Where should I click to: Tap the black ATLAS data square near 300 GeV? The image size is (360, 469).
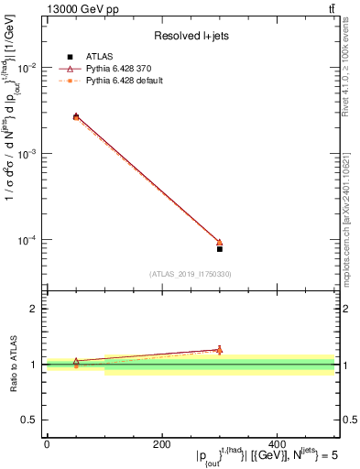tap(220, 249)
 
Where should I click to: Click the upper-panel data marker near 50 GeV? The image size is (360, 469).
tap(76, 117)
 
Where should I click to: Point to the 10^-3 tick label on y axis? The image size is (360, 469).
tap(29, 154)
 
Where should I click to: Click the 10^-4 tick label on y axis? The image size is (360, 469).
tap(29, 240)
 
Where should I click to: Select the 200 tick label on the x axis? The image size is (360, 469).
tap(162, 444)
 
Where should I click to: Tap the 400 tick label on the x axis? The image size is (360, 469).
tap(278, 444)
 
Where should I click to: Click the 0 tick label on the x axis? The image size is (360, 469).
tap(47, 444)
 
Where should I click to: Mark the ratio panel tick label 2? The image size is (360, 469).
tap(35, 310)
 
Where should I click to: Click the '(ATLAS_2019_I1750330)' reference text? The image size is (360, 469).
tap(191, 274)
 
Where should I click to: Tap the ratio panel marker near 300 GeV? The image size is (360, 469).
tap(220, 350)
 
